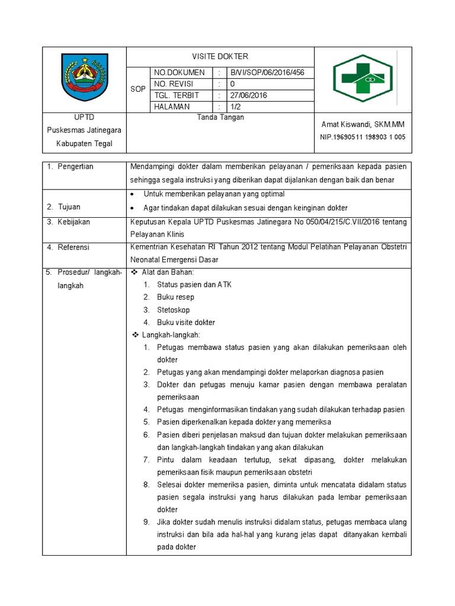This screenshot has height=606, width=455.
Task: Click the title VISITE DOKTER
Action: pos(220,57)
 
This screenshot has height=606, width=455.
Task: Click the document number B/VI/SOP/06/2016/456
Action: pos(267,73)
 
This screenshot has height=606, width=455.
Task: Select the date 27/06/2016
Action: pos(249,95)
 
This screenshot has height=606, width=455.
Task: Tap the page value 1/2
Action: pos(236,107)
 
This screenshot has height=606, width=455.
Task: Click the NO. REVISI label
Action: pos(174,84)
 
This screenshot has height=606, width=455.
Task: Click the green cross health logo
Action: pos(363,79)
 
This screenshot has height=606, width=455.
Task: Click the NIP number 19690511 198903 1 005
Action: pos(363,137)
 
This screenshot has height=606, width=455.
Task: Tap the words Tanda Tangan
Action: pos(220,118)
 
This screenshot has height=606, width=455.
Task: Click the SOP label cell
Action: pos(137,89)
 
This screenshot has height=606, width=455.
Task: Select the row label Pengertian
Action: pos(75,167)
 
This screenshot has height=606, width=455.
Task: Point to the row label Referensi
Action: pos(74,247)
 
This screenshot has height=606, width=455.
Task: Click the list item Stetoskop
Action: pos(173,310)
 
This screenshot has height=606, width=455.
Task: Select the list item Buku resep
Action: pos(175,298)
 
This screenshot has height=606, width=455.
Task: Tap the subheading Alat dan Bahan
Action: pos(168,272)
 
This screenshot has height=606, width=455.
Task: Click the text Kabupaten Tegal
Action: pos(84,144)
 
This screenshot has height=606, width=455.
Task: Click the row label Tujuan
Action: pos(69,207)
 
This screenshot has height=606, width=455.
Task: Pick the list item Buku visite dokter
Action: pos(185,323)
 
